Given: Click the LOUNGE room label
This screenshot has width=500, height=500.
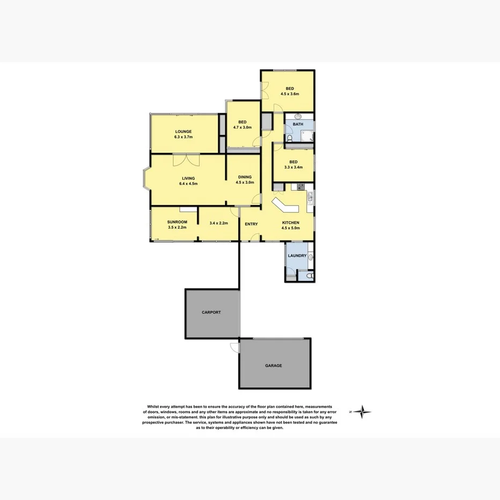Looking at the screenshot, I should click(183, 131).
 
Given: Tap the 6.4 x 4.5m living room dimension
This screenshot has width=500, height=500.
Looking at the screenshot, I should click(188, 184).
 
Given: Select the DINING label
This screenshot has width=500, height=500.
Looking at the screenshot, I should click(244, 177).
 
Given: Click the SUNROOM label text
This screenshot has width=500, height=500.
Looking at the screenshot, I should click(177, 222).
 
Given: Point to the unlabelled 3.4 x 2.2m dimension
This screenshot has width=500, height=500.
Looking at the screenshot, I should click(219, 223).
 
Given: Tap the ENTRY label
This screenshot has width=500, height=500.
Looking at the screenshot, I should click(251, 224).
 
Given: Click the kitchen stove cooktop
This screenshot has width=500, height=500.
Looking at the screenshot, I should click(300, 187).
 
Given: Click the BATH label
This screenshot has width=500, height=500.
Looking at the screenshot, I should click(298, 124).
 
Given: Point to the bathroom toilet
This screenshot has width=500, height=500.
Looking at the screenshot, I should click(289, 137).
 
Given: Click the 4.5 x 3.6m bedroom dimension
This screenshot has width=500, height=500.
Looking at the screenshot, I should click(289, 93).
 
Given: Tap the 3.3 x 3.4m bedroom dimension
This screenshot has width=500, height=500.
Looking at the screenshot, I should click(293, 167).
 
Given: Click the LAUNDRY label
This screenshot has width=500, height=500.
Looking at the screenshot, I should click(297, 255).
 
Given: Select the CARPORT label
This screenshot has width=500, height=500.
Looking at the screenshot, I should click(211, 312).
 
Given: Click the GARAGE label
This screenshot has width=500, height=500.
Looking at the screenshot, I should click(273, 365).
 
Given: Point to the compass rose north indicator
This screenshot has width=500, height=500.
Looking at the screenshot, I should click(363, 412).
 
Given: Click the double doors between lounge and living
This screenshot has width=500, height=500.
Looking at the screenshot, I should click(186, 159).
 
